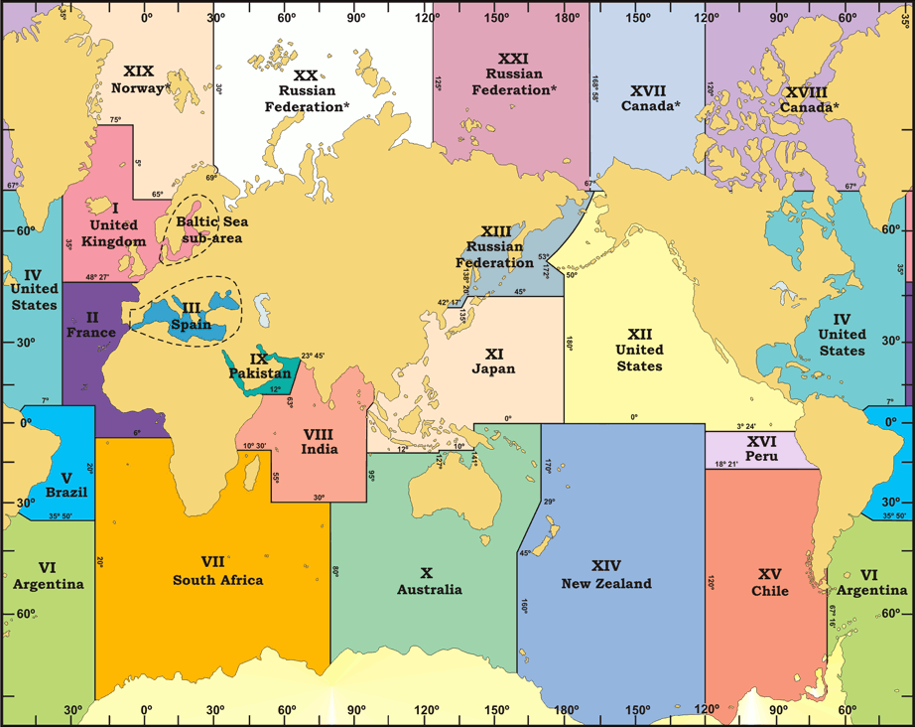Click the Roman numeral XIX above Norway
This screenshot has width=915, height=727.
tap(139, 71)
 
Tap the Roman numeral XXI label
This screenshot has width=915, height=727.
tap(513, 59)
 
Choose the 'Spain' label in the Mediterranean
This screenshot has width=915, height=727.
tap(191, 324)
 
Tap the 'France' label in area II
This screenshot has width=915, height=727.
tap(91, 333)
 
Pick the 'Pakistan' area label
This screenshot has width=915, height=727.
tap(259, 372)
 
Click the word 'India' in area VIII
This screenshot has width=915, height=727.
tap(319, 449)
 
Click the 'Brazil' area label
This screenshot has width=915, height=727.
tap(66, 492)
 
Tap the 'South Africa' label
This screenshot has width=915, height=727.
tap(217, 580)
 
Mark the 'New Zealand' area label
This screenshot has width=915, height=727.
tap(606, 583)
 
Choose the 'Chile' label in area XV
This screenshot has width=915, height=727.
tap(770, 591)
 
